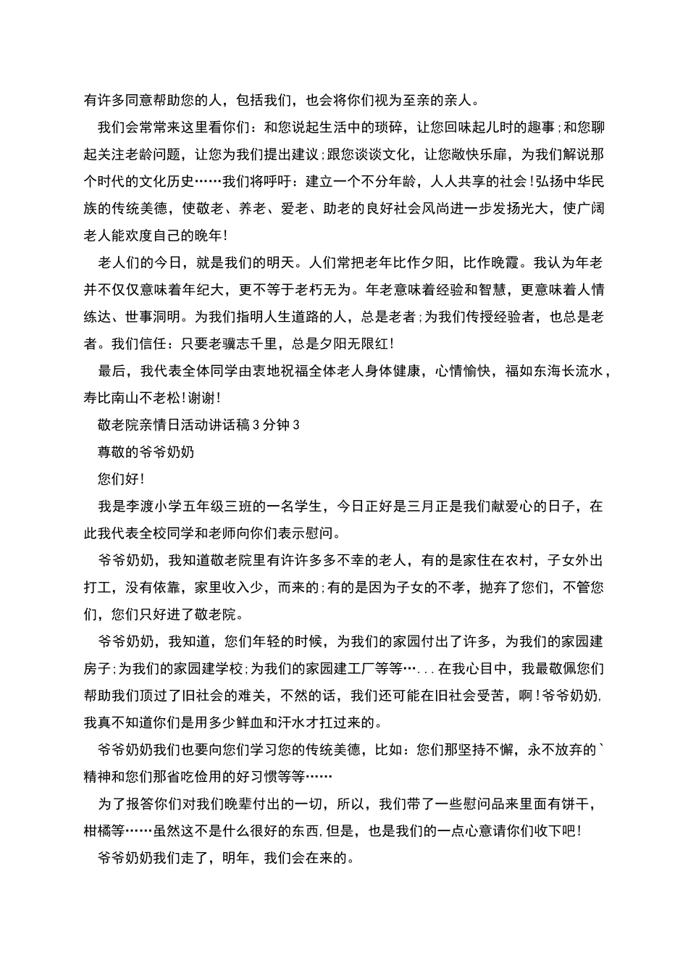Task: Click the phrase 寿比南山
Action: (112, 398)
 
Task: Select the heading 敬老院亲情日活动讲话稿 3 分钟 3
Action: (198, 425)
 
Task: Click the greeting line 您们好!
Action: (120, 479)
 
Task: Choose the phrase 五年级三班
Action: (231, 507)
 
